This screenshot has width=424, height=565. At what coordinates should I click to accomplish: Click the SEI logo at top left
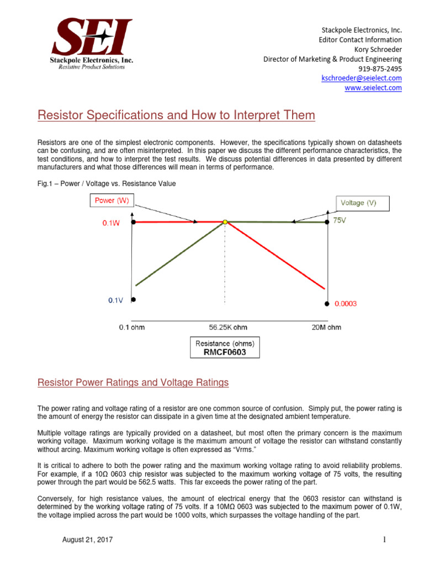tap(92, 43)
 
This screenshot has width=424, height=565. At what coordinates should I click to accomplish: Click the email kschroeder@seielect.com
tap(361, 78)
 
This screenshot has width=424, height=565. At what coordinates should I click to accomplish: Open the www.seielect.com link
tap(373, 88)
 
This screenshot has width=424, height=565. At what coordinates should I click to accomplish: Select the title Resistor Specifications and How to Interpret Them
tap(176, 116)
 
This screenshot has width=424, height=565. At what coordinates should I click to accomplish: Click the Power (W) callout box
tap(112, 201)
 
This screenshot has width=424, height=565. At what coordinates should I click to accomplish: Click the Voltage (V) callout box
tap(358, 203)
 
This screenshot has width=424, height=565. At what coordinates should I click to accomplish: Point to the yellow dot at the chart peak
tap(225, 222)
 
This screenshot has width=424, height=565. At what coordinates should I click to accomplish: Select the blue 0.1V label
tap(116, 301)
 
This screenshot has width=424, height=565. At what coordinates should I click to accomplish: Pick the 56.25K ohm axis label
tap(224, 327)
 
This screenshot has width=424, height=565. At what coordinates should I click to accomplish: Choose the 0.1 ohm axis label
tap(132, 327)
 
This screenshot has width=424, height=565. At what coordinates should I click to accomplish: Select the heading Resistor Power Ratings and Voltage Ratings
tap(132, 382)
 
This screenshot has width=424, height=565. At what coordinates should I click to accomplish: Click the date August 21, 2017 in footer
tap(87, 540)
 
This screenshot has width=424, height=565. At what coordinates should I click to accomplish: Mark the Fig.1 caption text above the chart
tap(106, 184)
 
